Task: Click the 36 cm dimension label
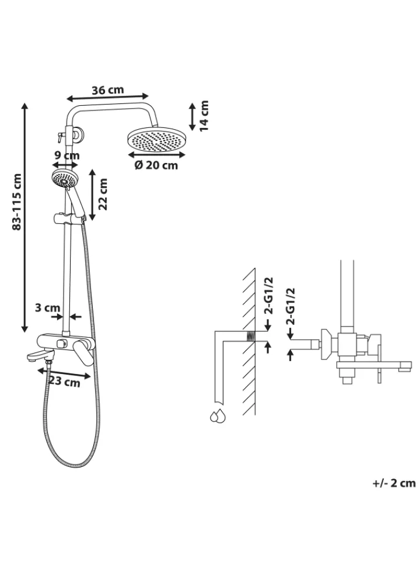pos(108,90)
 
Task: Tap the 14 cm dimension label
pos(204,116)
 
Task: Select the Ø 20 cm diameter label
pos(156,165)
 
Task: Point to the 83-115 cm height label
pos(17,202)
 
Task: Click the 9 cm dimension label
pos(66,155)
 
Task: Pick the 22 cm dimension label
pos(103,194)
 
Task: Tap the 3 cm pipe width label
pos(47,308)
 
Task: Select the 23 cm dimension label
pos(65,382)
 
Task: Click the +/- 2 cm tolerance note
pos(394,483)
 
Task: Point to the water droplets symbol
pos(218,415)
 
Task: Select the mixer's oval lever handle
pos(85,353)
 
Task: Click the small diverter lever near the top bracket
pos(60,136)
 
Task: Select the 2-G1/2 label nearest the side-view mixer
pos(292,306)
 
